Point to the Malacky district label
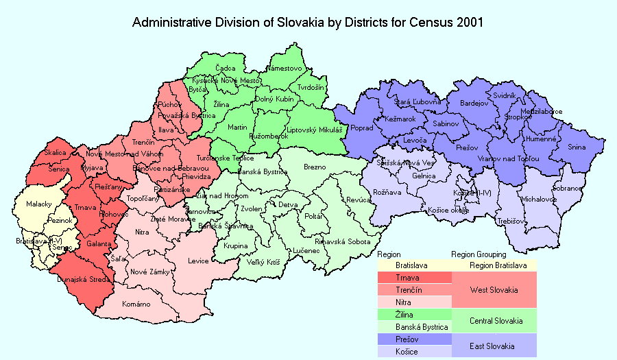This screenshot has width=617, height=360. tap(39, 204)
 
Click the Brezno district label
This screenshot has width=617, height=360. tap(315, 167)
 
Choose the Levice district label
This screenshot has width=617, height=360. tap(198, 261)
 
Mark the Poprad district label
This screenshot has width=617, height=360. tap(361, 128)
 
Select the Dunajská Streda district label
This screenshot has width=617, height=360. tap(78, 280)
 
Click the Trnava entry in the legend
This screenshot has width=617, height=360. tap(408, 278)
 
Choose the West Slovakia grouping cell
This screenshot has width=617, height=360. tap(494, 290)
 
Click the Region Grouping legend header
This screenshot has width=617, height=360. tap(479, 254)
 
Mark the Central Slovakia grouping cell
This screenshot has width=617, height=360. tap(496, 321)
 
